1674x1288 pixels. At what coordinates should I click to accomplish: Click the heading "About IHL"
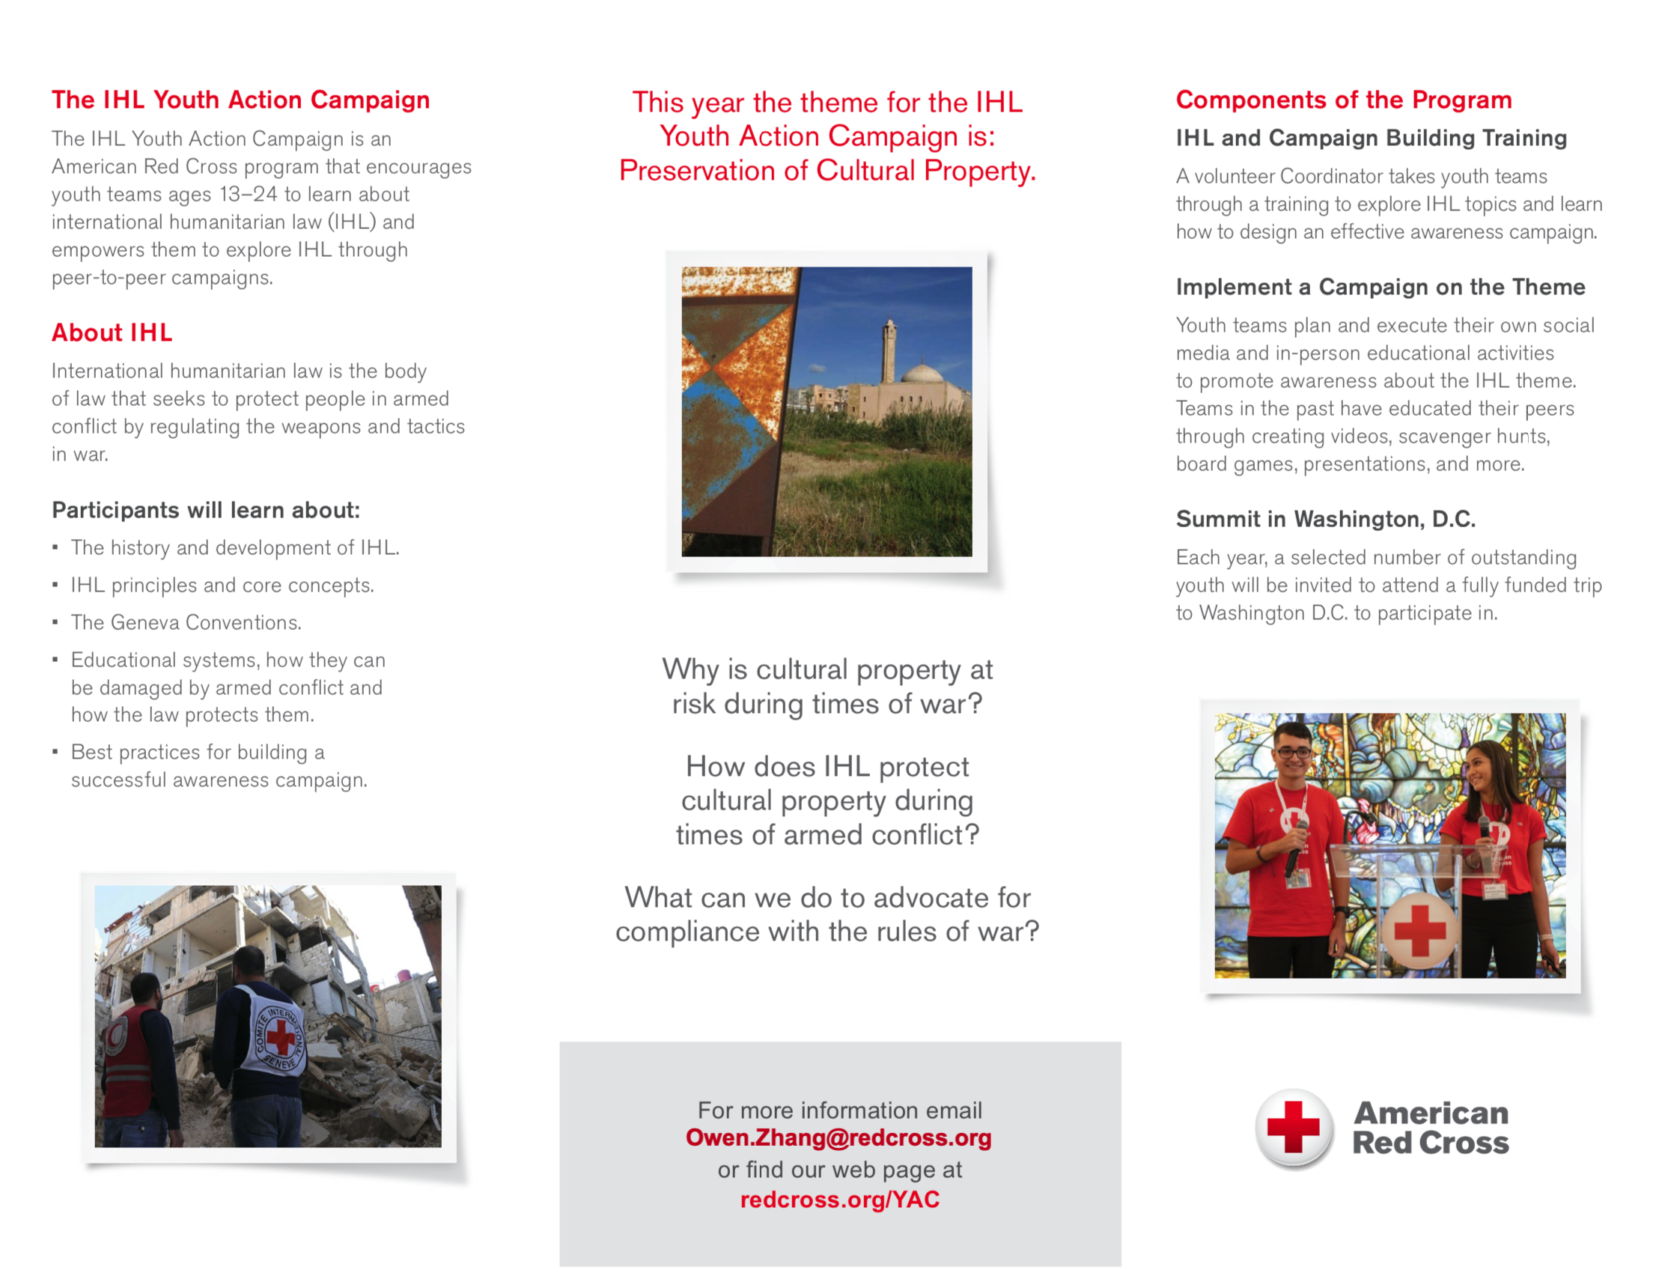(112, 332)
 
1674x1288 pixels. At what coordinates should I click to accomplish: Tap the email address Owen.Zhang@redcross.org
(838, 1137)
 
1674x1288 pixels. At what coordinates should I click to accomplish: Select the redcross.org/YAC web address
(839, 1199)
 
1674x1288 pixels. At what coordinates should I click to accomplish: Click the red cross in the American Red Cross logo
(1293, 1127)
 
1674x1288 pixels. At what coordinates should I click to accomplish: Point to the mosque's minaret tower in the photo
(889, 349)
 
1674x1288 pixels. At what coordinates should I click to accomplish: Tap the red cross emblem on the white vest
(281, 1036)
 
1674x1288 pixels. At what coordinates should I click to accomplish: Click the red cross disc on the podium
(1419, 930)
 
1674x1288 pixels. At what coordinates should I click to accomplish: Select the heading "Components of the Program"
(1344, 100)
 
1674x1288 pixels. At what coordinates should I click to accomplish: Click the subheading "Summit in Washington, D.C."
(1325, 519)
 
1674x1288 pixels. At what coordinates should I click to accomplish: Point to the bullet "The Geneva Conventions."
(186, 622)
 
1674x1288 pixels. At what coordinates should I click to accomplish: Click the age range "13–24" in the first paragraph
(249, 195)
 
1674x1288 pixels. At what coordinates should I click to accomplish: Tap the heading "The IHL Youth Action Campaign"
(240, 100)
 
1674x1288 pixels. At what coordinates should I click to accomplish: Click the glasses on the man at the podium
(1294, 753)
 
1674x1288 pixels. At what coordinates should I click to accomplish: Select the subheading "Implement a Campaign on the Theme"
(1381, 287)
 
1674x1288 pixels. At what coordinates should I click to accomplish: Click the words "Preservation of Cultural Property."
(827, 170)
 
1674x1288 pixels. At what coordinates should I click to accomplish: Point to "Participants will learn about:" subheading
(205, 510)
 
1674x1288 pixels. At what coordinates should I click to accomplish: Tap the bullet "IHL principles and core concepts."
(222, 585)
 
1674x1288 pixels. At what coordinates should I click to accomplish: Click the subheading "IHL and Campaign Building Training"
(1372, 138)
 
